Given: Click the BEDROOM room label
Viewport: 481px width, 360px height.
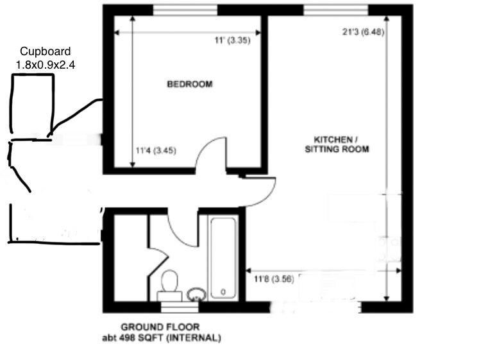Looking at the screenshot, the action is tap(190, 84).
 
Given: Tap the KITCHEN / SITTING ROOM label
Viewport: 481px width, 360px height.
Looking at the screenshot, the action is tap(337, 144).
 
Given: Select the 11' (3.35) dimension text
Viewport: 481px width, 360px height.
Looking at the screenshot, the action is tap(233, 40).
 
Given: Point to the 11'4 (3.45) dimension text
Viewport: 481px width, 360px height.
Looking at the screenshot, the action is tap(156, 151).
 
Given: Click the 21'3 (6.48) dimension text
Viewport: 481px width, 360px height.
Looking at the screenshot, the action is tap(363, 31).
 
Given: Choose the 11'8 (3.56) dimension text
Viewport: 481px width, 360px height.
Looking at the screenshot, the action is tap(274, 279).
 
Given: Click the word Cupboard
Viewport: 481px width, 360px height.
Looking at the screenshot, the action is tap(46, 51).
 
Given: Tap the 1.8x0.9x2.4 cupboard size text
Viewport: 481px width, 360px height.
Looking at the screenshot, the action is tap(46, 65).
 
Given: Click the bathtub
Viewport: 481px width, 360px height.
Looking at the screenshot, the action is tap(223, 257).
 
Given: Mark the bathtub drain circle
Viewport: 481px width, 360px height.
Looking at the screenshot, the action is tap(223, 291).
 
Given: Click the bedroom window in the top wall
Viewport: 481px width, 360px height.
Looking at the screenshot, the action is tap(185, 10).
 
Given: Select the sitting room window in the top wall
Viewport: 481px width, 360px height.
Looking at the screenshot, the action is tap(335, 10).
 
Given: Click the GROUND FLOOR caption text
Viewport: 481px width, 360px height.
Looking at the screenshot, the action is tap(160, 327).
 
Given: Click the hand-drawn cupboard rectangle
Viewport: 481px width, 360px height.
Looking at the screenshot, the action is tap(12, 105).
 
